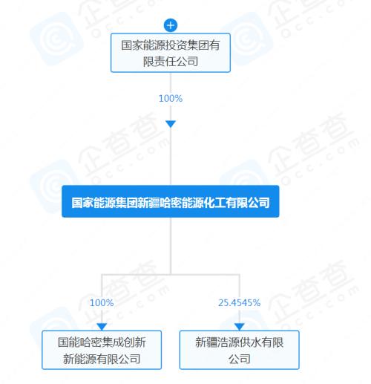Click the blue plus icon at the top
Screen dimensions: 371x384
pyautogui.click(x=171, y=25)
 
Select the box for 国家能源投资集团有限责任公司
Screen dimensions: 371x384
pyautogui.click(x=171, y=53)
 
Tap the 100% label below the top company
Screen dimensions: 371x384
pyautogui.click(x=171, y=98)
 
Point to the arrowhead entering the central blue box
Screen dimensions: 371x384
pyautogui.click(x=171, y=124)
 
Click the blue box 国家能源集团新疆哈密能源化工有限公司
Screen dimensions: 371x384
pyautogui.click(x=171, y=201)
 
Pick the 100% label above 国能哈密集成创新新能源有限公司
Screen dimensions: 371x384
pyautogui.click(x=102, y=302)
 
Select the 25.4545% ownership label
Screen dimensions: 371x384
pyautogui.click(x=240, y=302)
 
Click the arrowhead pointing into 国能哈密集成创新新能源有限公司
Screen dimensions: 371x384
pyautogui.click(x=102, y=327)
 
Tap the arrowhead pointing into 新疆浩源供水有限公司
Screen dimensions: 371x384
pyautogui.click(x=240, y=327)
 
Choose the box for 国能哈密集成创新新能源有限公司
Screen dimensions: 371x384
pyautogui.click(x=102, y=350)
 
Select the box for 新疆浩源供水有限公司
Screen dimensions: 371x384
pyautogui.click(x=240, y=350)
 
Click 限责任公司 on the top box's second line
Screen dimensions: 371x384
pyautogui.click(x=171, y=62)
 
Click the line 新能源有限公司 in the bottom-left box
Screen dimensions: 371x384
pyautogui.click(x=102, y=359)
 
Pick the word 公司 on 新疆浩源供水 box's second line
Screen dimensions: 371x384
pyautogui.click(x=240, y=359)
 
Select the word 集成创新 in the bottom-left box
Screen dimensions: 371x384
pyautogui.click(x=124, y=342)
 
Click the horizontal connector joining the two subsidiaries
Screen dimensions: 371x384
pyautogui.click(x=171, y=274)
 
